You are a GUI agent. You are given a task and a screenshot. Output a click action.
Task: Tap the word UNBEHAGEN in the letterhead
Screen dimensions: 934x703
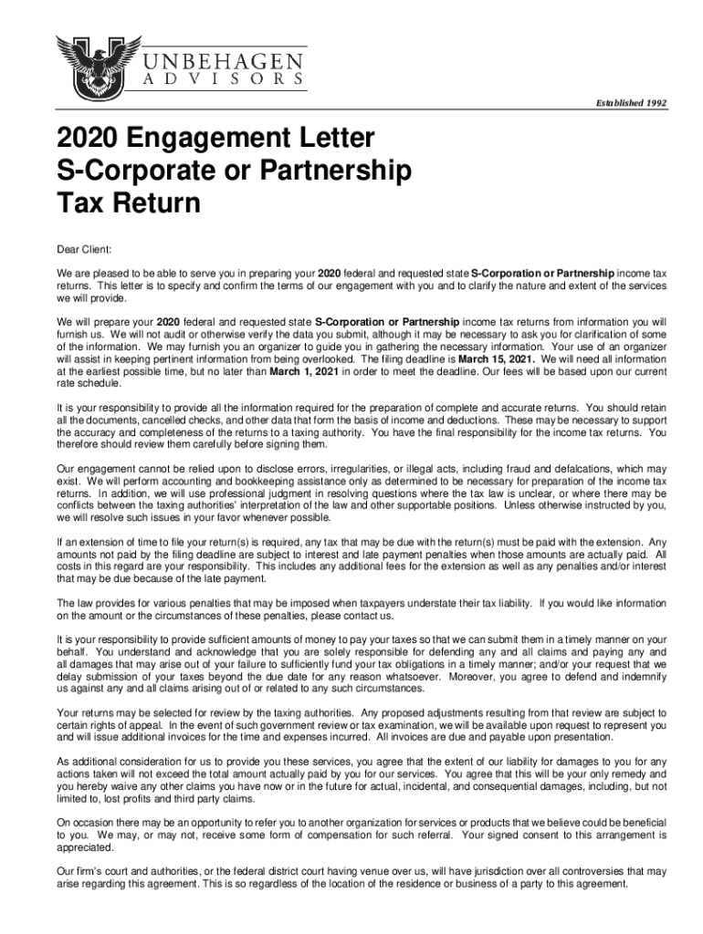tap(222, 60)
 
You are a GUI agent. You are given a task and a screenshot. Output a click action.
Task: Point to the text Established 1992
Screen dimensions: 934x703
tap(630, 103)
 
